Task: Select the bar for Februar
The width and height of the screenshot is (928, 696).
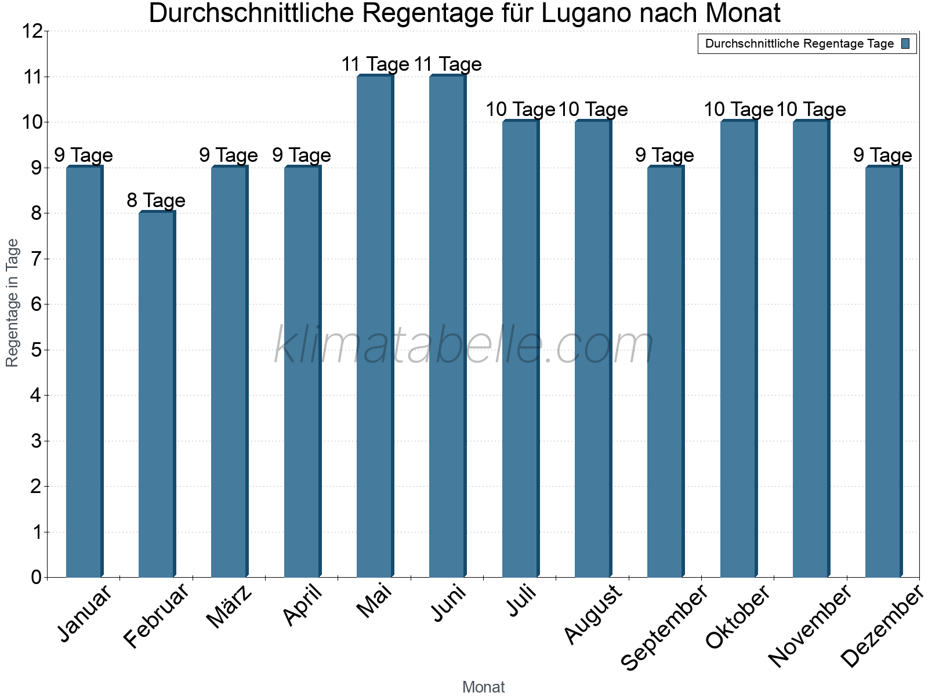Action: (157, 394)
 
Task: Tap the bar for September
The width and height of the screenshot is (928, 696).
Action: (665, 371)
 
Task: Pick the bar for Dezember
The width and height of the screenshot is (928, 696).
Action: (883, 371)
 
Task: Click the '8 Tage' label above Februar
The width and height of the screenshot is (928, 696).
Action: (156, 201)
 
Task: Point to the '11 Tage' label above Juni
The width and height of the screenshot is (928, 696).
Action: (448, 64)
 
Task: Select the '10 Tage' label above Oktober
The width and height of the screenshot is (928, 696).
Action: (738, 110)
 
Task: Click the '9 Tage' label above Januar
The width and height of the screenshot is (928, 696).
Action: (84, 155)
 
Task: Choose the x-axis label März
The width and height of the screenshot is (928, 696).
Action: (230, 607)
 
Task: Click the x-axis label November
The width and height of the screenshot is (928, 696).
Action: (810, 625)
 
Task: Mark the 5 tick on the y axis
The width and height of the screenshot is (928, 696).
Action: (37, 350)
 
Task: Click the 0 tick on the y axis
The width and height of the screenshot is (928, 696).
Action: (37, 577)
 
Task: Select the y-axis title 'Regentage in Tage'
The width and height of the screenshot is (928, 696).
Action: (13, 303)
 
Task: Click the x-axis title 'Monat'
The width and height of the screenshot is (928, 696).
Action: (483, 687)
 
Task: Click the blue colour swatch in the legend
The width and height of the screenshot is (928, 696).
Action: (905, 43)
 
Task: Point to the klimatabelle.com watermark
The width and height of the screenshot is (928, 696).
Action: (464, 346)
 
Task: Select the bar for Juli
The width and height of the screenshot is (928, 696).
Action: (520, 348)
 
